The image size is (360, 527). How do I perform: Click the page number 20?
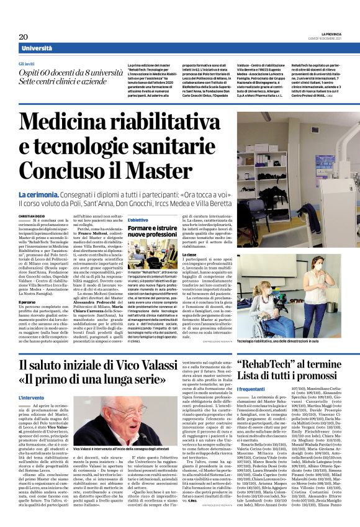click(24, 37)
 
